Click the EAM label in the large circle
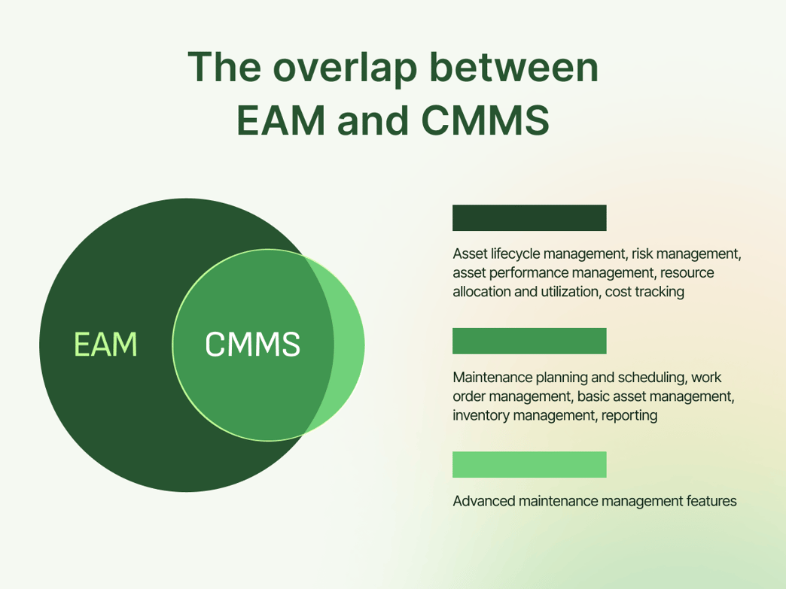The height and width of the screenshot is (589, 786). [105, 345]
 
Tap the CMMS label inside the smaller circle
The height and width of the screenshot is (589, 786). [252, 345]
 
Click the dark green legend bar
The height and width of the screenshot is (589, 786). [529, 217]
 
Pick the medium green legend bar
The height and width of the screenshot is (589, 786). [529, 341]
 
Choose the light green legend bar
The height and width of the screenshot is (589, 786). [529, 464]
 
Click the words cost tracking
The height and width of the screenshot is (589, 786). [644, 292]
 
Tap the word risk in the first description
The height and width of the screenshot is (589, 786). [644, 254]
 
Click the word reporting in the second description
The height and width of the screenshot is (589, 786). [629, 415]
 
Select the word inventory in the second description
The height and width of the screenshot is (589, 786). [480, 415]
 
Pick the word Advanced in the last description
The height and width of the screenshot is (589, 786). [483, 501]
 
